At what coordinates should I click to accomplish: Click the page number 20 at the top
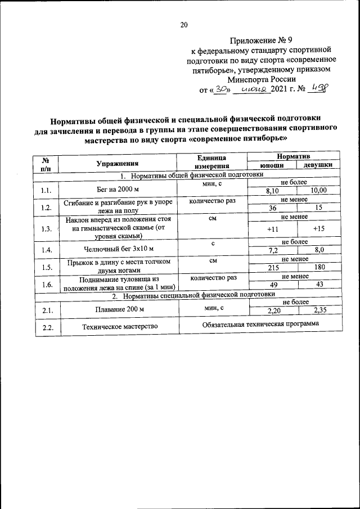(183, 24)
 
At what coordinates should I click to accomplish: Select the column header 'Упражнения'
(117, 163)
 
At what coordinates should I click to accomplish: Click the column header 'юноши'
(271, 166)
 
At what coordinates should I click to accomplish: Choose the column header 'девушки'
(318, 166)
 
